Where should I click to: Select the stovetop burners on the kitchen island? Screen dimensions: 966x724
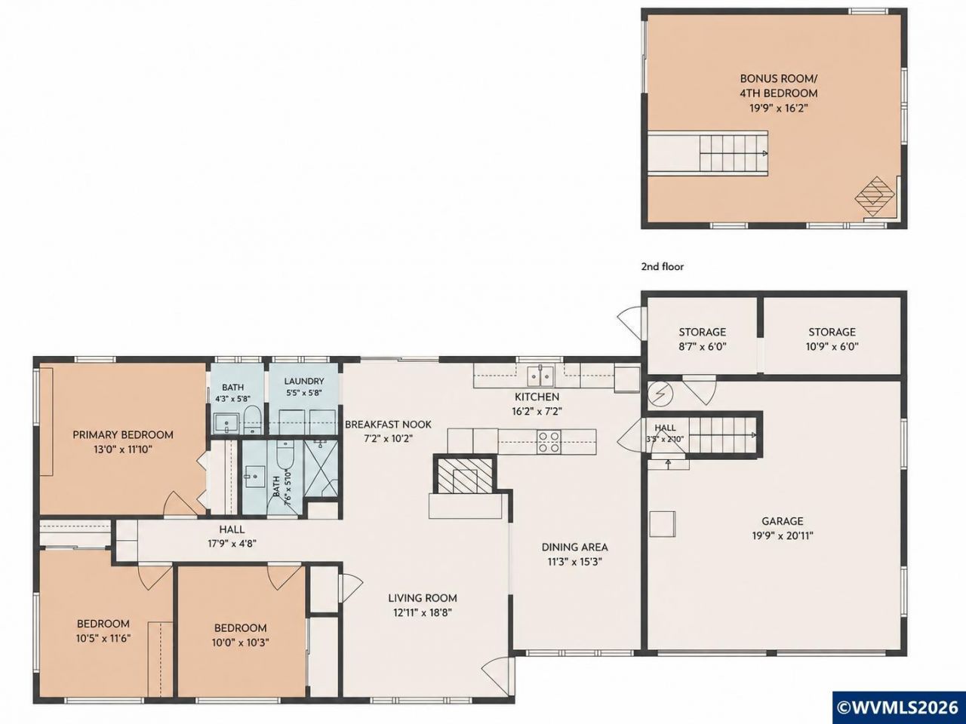(549, 442)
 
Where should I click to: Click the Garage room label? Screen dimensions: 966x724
(783, 521)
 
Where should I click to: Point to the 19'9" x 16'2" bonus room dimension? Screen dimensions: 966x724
(779, 108)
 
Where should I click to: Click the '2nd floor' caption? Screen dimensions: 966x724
(663, 266)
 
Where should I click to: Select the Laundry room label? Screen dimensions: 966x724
(304, 381)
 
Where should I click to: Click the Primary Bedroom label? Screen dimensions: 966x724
(123, 434)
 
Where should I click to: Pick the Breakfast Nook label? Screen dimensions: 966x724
(388, 424)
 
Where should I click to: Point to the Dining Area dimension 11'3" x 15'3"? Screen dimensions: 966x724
(574, 562)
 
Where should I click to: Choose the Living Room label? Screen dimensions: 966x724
(423, 598)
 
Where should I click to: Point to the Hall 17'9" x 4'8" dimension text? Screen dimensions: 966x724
(232, 543)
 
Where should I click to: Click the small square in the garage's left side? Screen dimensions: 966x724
(663, 524)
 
